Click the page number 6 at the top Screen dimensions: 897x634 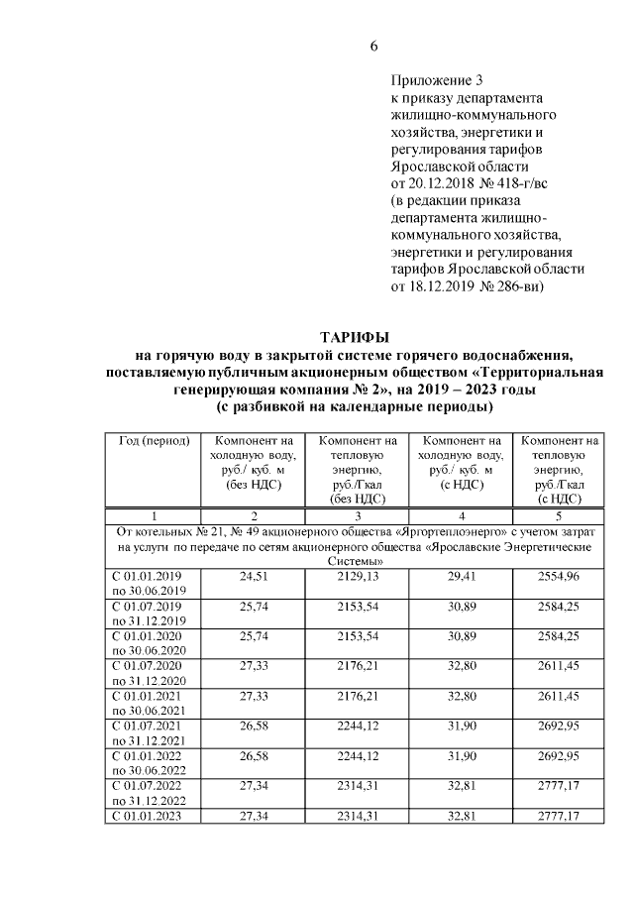(374, 46)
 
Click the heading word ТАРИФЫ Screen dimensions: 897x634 (355, 337)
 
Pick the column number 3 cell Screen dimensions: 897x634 (357, 516)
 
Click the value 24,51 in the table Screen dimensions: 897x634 (255, 576)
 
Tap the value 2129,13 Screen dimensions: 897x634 (357, 576)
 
